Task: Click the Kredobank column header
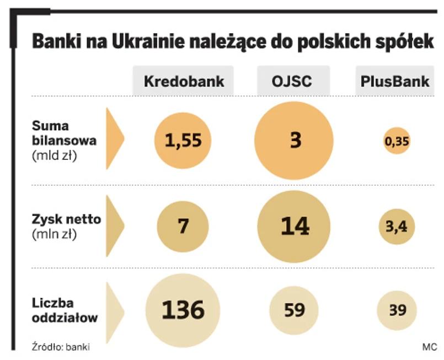click(184, 82)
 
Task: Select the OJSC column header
click(292, 82)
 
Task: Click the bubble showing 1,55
click(183, 141)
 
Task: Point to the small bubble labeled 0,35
click(397, 142)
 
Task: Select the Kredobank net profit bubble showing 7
click(183, 226)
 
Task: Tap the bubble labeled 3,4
click(397, 226)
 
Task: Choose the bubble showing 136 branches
click(183, 310)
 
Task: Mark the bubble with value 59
click(294, 310)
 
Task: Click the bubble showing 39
click(397, 310)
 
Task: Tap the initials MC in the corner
click(429, 347)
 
